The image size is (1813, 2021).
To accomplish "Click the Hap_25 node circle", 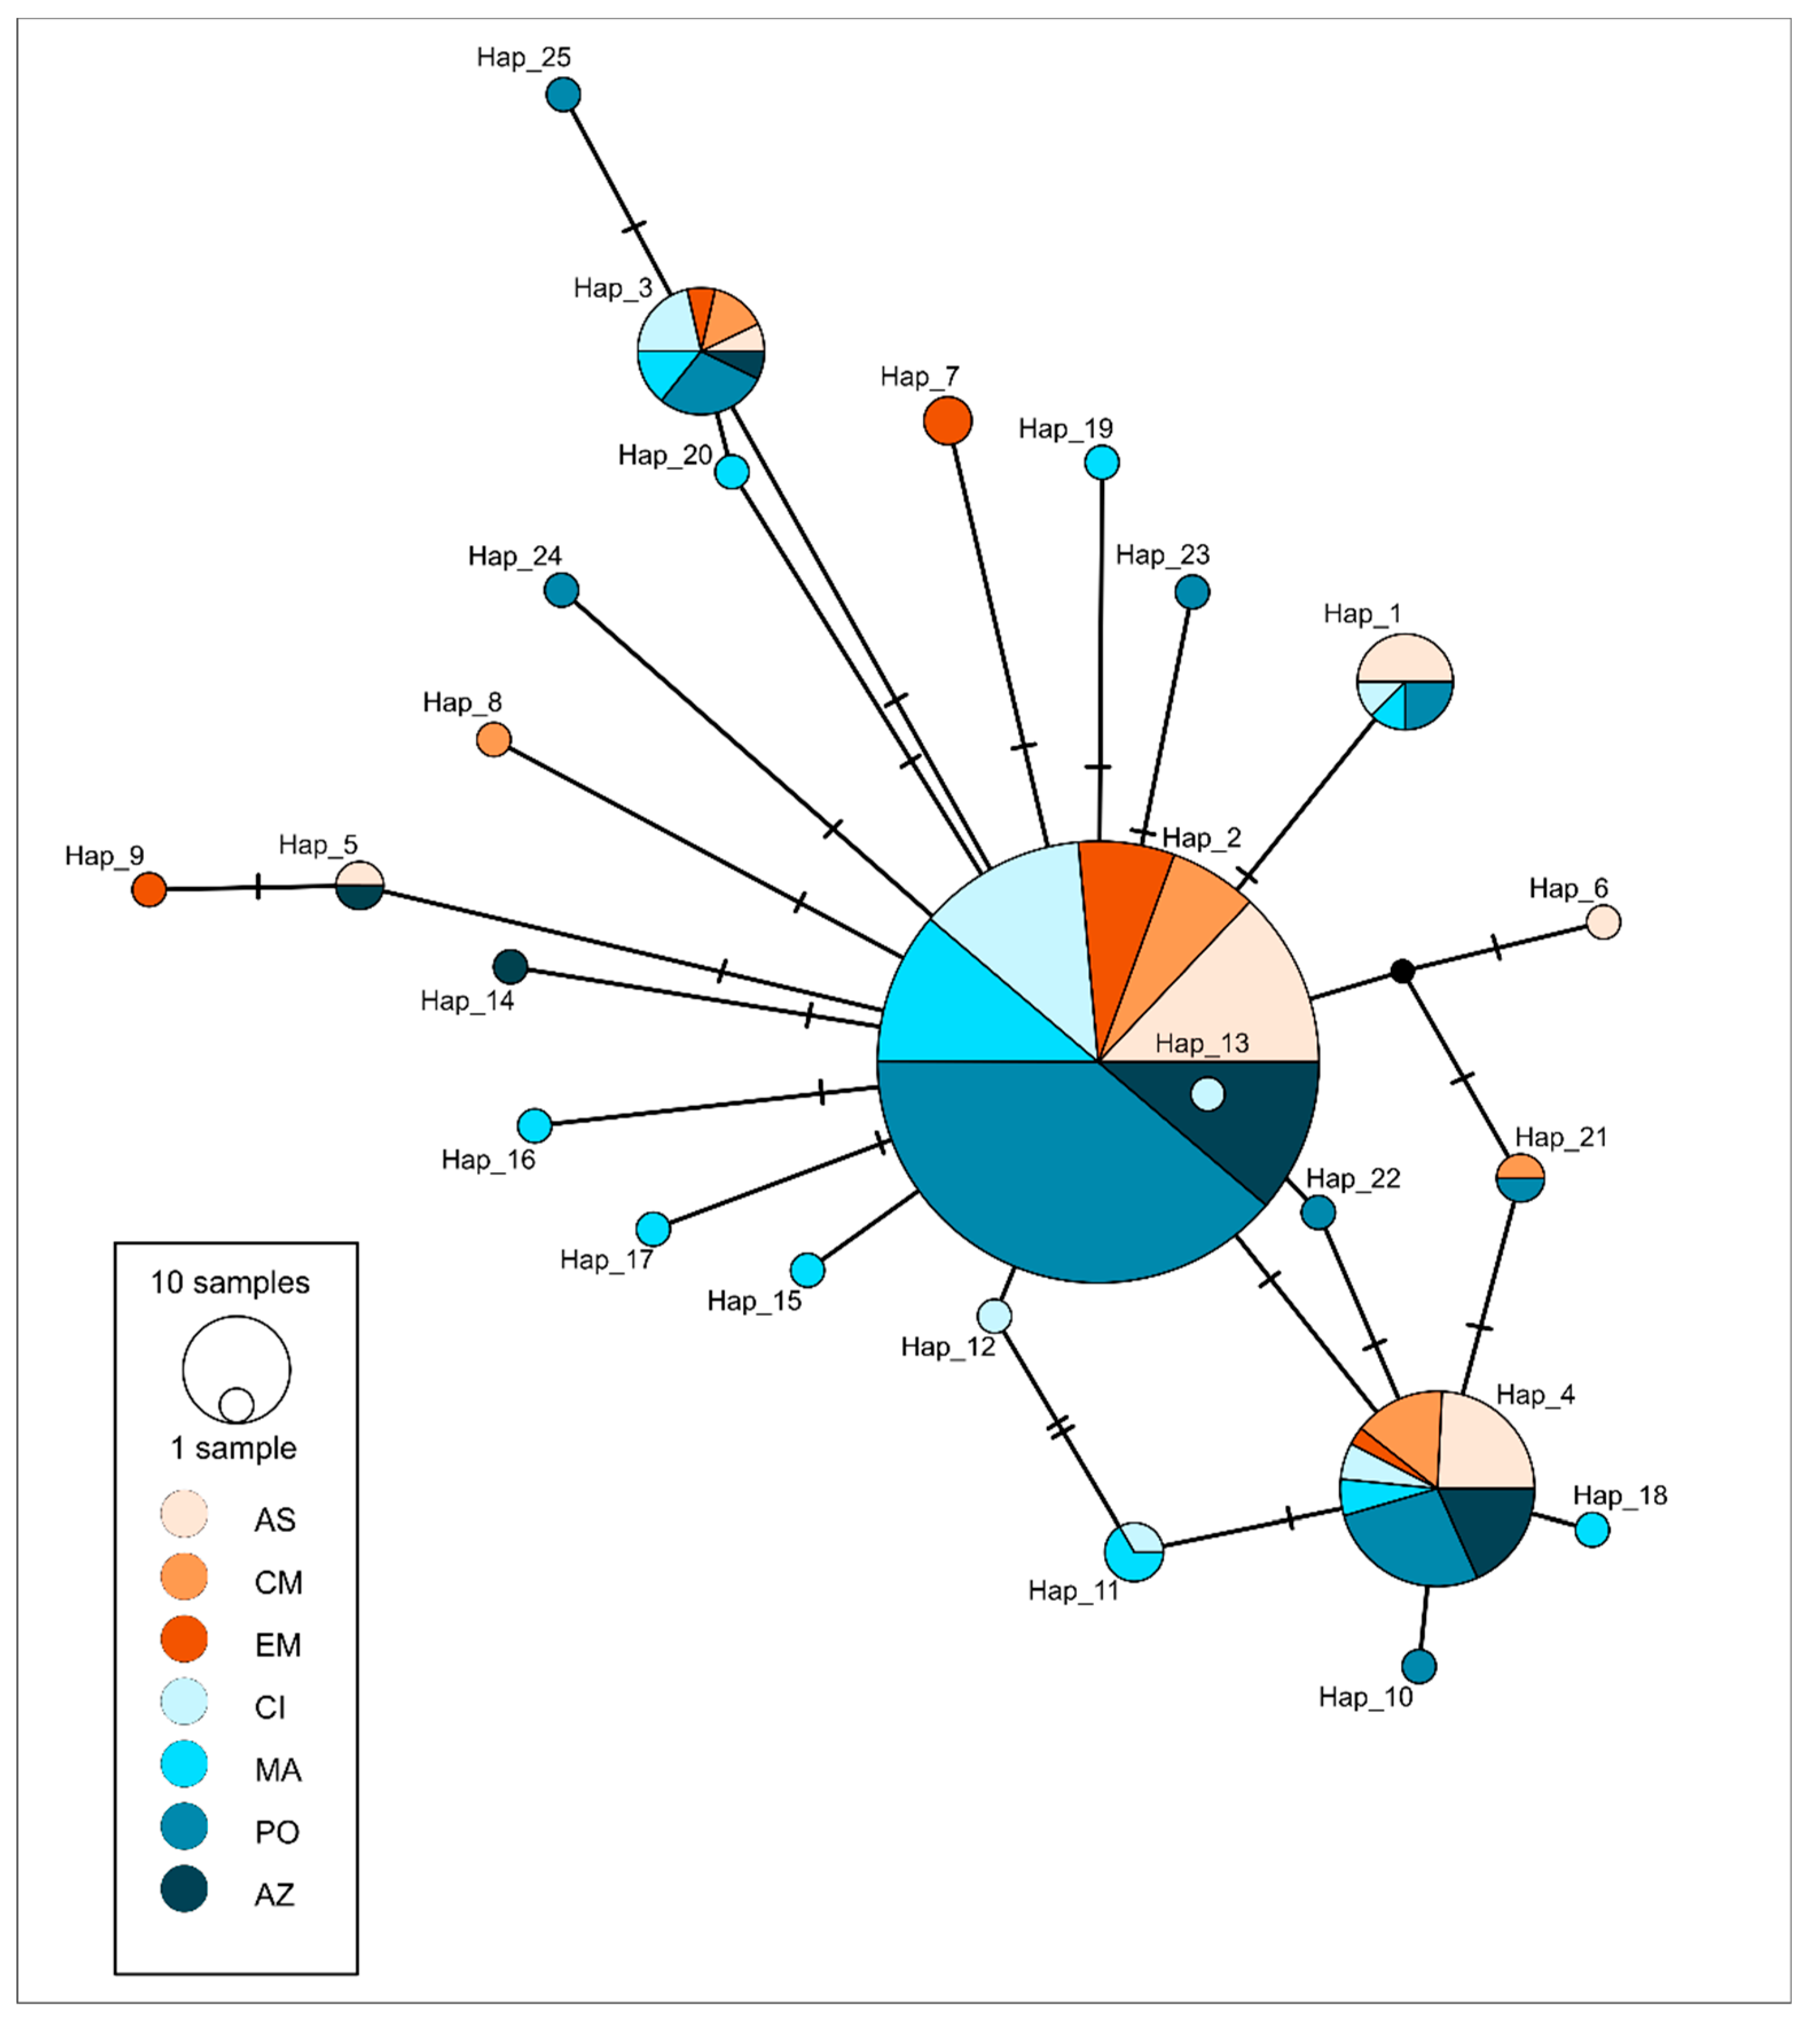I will coord(563,95).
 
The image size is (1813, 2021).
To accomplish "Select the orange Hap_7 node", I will coord(947,421).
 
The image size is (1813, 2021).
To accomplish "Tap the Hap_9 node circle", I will coord(150,889).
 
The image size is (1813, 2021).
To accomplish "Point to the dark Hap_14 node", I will coord(510,966).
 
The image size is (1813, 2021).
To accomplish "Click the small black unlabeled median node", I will coord(1403,970).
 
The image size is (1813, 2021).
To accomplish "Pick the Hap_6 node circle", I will coord(1603,922).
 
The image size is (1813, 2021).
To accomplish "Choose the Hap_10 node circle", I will coord(1419,1665).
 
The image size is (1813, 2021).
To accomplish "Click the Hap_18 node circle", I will coord(1592,1530).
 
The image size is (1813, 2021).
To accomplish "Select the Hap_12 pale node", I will coord(994,1315).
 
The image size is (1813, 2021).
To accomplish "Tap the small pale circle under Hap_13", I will coord(1207,1093).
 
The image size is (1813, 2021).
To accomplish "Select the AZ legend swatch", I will coord(185,1889).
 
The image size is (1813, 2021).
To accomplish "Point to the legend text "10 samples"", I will coord(230,1283).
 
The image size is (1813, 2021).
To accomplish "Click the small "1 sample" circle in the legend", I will coord(236,1405).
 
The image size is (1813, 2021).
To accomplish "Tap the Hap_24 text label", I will coord(515,556).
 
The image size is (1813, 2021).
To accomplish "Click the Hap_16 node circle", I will coord(535,1125).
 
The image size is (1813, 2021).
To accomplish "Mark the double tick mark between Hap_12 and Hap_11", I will coord(1061,1427).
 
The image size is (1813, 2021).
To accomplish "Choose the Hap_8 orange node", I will coord(494,739).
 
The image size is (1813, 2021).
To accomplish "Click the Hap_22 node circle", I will coord(1318,1212).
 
